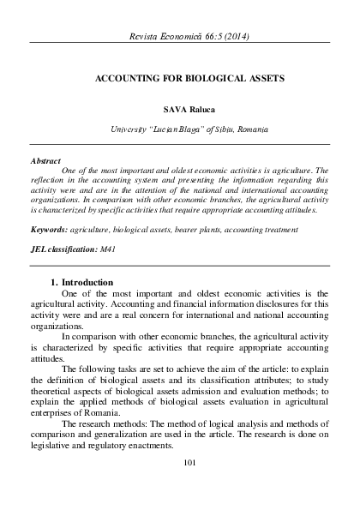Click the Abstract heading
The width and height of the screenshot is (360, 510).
click(45, 160)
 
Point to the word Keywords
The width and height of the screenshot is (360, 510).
click(48, 230)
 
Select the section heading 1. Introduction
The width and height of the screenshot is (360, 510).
click(82, 282)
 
